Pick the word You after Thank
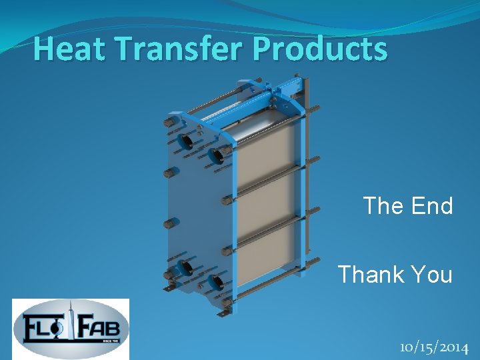431,274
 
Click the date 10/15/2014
434,347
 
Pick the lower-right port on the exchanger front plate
215,281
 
